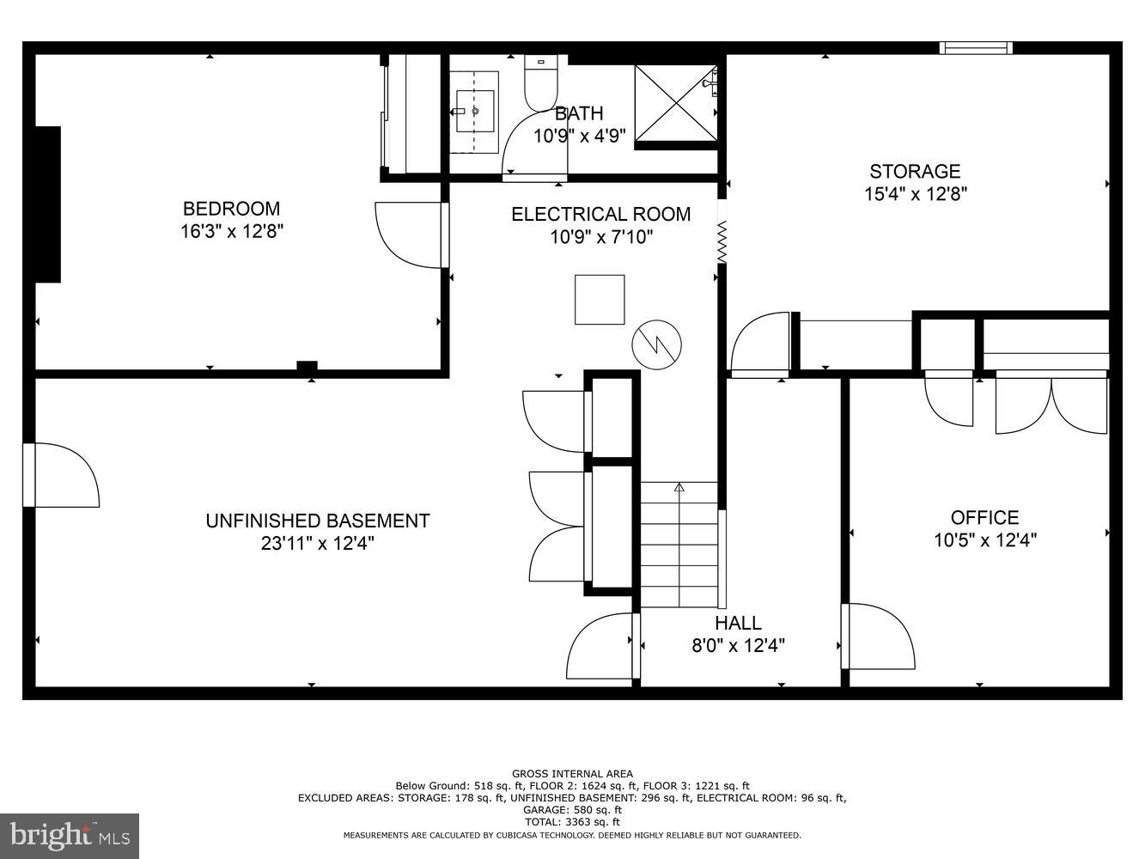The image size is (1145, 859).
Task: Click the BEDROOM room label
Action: point(231,209)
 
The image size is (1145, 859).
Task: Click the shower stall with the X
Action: point(676,101)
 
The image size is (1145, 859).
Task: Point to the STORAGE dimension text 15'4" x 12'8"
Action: point(916,194)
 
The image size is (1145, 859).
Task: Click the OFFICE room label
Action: point(984,517)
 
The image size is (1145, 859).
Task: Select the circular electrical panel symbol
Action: point(657,345)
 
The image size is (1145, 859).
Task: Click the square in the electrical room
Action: point(600,299)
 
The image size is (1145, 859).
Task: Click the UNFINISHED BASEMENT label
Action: point(317,521)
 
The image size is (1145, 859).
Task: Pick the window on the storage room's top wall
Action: point(975,48)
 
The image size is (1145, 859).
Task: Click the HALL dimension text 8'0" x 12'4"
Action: point(739,645)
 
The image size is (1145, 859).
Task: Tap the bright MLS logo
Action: point(70,835)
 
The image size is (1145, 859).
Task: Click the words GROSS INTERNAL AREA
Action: point(572,774)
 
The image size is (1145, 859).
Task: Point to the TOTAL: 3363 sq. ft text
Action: point(572,822)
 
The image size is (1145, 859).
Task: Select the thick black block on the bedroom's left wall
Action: point(47,204)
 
